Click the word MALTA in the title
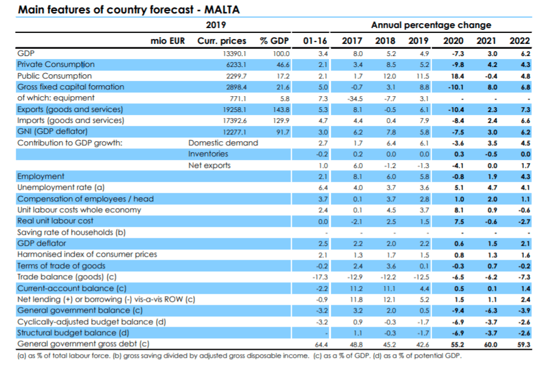coord(222,9)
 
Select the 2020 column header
coord(453,41)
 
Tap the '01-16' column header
coord(315,41)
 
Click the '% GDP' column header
coord(274,41)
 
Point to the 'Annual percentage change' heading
coord(431,25)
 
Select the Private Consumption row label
coord(56,64)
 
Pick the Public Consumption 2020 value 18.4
coord(458,76)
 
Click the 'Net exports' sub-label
coord(210,165)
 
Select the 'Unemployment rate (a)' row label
coord(61,187)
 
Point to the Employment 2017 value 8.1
coord(357,177)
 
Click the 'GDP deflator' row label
coord(42,243)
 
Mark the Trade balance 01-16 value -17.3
coord(320,277)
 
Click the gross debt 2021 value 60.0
coord(490,344)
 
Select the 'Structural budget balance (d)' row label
coord(73,333)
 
